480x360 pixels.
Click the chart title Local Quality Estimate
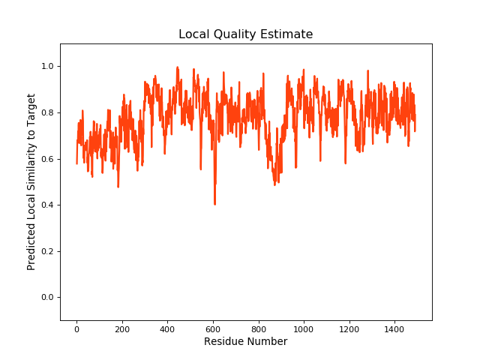click(x=245, y=34)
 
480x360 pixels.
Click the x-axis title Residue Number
click(x=245, y=342)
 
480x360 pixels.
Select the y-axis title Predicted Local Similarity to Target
click(x=31, y=182)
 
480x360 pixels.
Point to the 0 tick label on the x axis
click(x=76, y=328)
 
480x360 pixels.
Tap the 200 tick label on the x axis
click(x=122, y=328)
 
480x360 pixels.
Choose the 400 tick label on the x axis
click(x=167, y=328)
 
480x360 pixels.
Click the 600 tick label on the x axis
click(x=213, y=328)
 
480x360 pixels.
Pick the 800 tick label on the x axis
click(x=258, y=328)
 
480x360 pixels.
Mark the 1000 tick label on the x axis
click(x=304, y=328)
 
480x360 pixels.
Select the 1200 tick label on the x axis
click(x=349, y=328)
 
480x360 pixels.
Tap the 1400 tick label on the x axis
click(x=394, y=328)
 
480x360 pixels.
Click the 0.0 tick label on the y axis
click(x=46, y=298)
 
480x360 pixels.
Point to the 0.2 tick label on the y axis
click(x=46, y=251)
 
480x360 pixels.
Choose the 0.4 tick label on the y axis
click(x=46, y=205)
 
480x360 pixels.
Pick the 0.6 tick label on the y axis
click(x=46, y=159)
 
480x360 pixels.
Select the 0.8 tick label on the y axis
click(x=46, y=113)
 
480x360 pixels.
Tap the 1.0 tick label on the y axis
click(x=46, y=67)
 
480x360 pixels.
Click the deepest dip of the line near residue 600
click(x=214, y=203)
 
